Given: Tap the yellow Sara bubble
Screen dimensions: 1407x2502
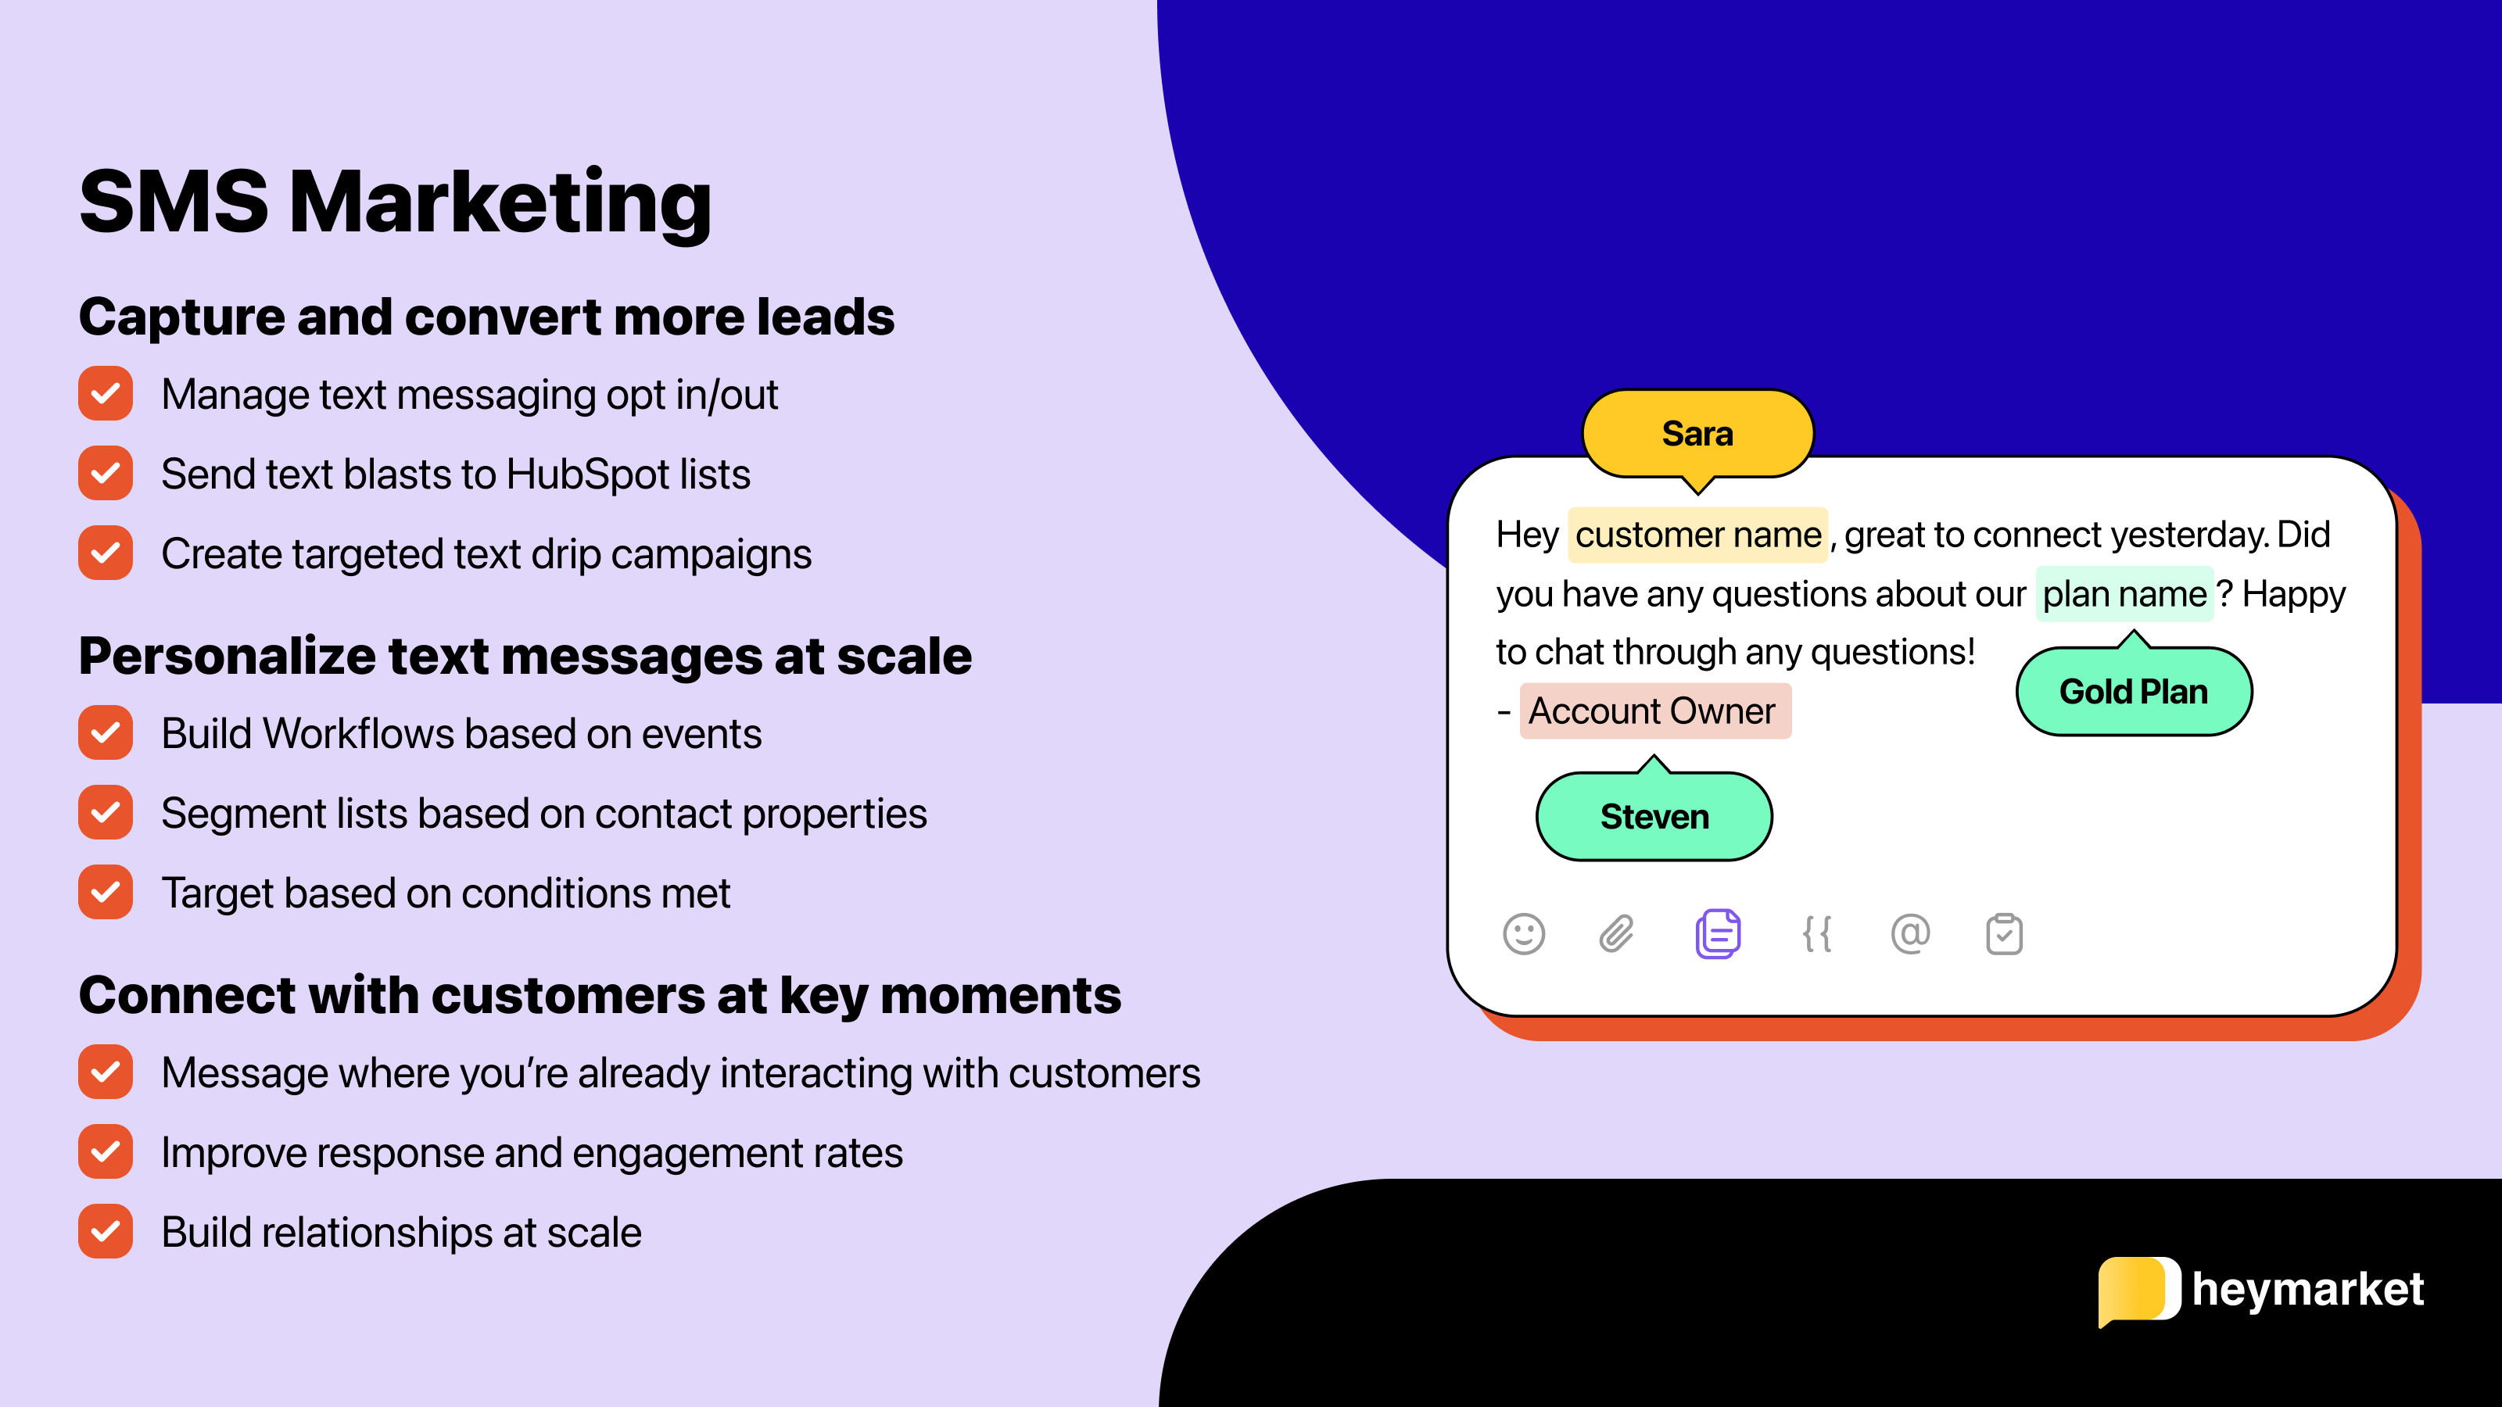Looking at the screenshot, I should (1697, 434).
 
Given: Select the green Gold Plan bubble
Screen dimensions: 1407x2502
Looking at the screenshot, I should (2133, 691).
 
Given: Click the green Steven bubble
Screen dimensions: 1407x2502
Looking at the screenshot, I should (1654, 817).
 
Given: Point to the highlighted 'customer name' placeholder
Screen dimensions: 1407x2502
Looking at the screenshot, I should (1697, 535).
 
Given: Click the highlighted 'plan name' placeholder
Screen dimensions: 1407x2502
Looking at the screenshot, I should (2124, 594).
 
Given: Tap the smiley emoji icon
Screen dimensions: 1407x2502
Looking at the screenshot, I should (1523, 934).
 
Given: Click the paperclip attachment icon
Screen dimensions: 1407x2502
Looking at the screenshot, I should (1616, 934).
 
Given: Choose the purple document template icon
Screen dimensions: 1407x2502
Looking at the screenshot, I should (1717, 934).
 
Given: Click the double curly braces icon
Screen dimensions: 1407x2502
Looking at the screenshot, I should (1816, 934).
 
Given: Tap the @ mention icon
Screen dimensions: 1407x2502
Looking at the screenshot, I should (1909, 934).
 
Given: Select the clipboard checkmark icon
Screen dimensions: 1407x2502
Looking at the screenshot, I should (2004, 934).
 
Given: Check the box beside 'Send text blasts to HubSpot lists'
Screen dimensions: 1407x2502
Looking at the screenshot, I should (106, 474).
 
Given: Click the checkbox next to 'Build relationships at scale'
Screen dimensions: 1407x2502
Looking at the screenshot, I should (106, 1232).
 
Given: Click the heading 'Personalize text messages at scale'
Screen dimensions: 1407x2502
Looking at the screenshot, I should (525, 657).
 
